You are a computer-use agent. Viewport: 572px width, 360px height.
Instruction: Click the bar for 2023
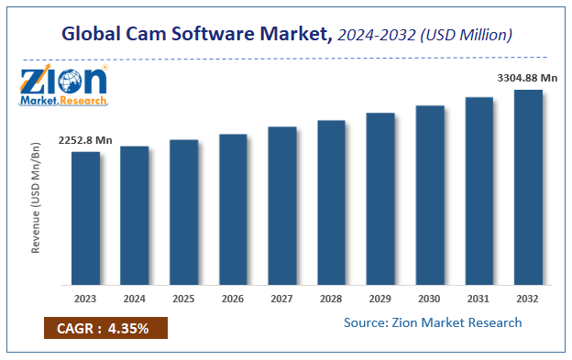[85, 217]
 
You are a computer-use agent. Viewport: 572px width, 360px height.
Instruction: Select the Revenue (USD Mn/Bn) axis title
[36, 197]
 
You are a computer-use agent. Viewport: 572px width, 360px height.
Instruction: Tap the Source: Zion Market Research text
[433, 322]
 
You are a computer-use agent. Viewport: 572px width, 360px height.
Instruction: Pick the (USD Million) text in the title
[467, 35]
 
